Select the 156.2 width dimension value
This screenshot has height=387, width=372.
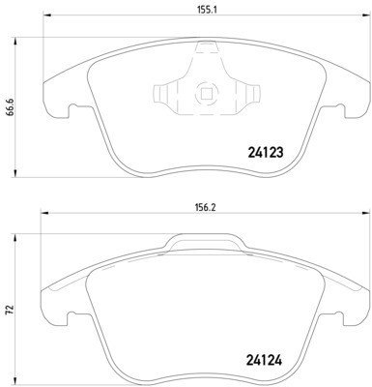point(205,208)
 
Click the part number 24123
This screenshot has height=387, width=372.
point(266,152)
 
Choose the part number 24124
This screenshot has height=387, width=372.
point(264,360)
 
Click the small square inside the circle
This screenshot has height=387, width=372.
point(206,94)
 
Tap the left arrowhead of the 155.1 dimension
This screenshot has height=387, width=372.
point(47,15)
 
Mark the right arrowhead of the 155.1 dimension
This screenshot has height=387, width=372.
point(366,15)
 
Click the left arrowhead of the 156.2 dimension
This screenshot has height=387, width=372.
point(43,213)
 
